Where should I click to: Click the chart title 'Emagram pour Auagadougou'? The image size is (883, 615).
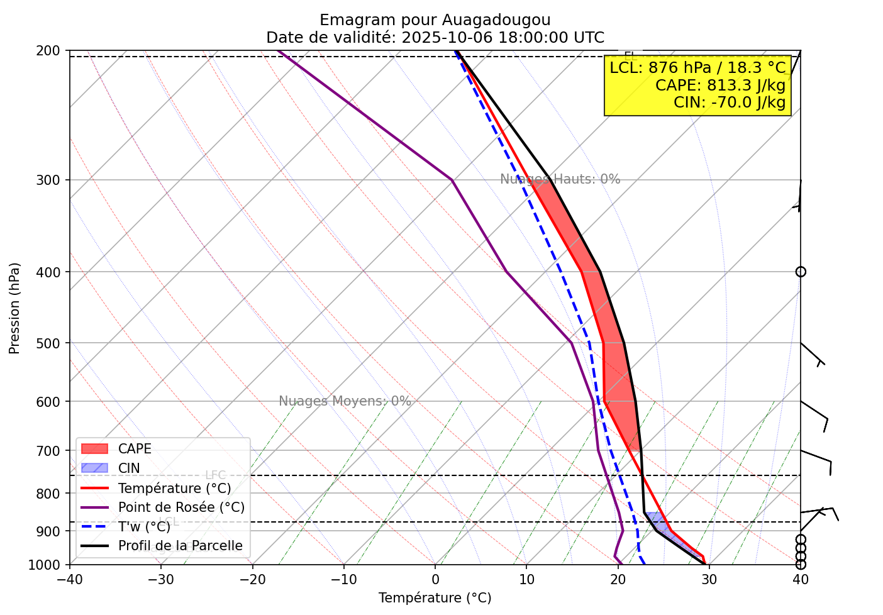[x=435, y=20]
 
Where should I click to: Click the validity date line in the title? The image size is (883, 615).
[x=435, y=38]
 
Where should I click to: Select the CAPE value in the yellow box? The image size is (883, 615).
[x=720, y=85]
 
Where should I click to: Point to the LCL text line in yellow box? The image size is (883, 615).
[x=698, y=68]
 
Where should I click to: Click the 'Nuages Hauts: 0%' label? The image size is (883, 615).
[x=560, y=179]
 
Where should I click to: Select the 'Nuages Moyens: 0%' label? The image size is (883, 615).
[x=345, y=401]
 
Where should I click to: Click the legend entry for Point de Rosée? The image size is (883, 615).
[x=181, y=507]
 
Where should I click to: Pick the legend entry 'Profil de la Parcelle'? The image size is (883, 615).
[x=180, y=546]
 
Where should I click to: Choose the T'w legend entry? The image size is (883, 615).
[x=144, y=527]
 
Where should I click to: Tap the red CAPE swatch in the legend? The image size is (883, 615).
[x=95, y=449]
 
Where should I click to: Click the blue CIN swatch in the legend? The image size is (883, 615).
[x=95, y=468]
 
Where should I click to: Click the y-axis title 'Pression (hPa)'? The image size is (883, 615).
[x=14, y=308]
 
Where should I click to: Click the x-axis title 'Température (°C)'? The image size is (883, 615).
[x=435, y=598]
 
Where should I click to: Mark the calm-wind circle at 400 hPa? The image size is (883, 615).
[x=801, y=272]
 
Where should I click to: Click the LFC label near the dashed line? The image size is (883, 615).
[x=215, y=475]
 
